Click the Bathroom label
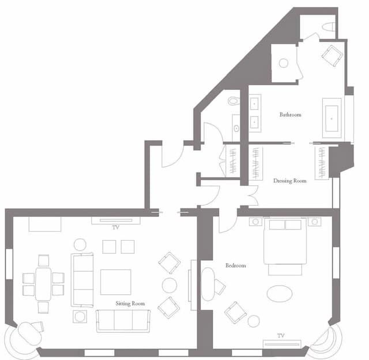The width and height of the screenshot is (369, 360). [x=291, y=115]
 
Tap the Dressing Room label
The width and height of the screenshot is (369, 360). [x=290, y=181]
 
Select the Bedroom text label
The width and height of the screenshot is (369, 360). [x=236, y=265]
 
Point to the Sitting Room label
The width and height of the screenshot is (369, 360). [x=130, y=303]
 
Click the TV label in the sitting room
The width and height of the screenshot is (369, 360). [x=116, y=227]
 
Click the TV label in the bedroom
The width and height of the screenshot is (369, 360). [x=281, y=335]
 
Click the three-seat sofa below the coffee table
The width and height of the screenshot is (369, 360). [x=123, y=320]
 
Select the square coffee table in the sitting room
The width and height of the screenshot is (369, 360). [x=115, y=282]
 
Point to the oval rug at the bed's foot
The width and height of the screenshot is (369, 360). [x=280, y=292]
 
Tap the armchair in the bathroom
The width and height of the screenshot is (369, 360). [x=332, y=56]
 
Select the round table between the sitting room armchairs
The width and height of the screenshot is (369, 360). [x=170, y=285]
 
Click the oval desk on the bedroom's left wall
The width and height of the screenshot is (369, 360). [x=208, y=284]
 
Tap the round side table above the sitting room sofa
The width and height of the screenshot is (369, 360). [x=80, y=245]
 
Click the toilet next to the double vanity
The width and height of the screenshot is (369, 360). [x=233, y=101]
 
